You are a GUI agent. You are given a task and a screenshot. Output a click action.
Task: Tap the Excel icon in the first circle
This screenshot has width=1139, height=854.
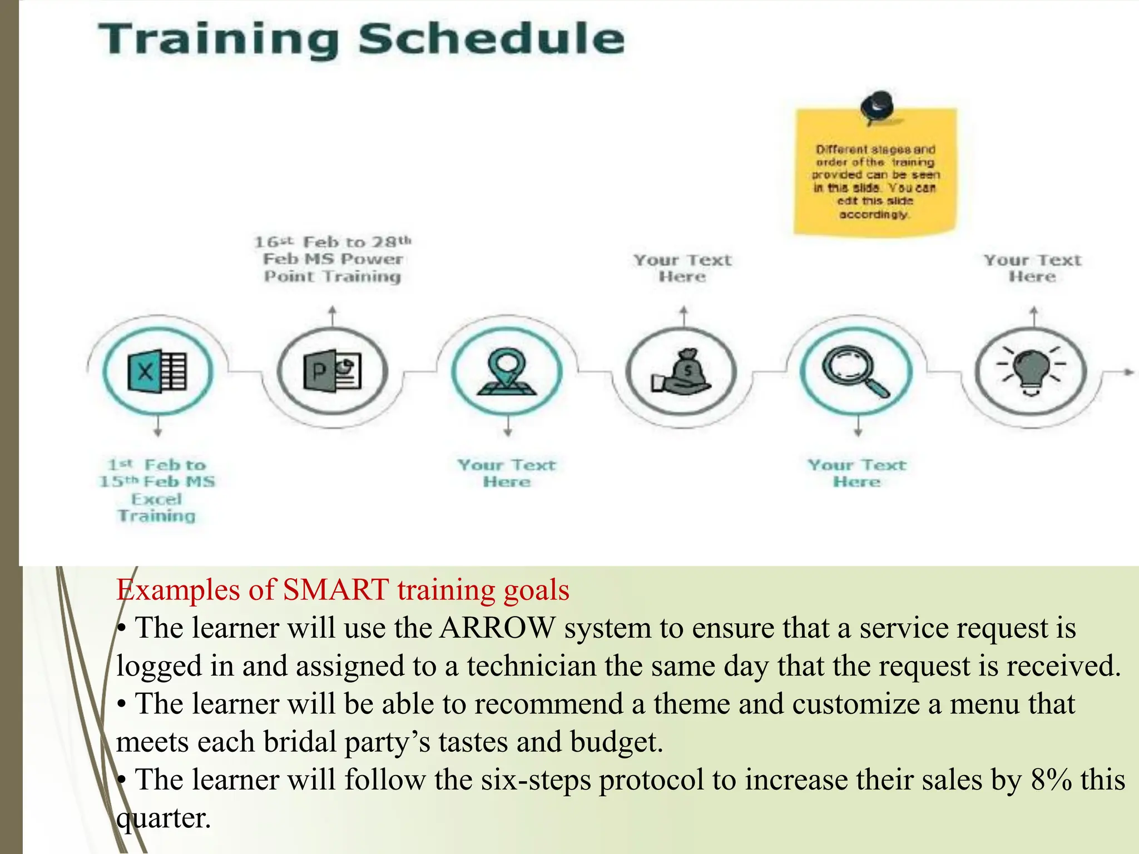[x=157, y=371]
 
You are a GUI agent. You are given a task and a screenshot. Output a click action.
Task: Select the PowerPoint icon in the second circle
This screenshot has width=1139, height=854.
[x=332, y=371]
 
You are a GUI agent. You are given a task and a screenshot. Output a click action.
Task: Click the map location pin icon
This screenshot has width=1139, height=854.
[x=507, y=371]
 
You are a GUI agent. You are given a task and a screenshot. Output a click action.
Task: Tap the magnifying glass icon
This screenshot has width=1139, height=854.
[x=856, y=371]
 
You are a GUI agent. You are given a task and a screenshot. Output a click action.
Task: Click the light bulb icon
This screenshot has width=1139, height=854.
[x=1031, y=371]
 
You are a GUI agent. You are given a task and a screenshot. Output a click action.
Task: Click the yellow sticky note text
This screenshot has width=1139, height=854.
[x=875, y=182]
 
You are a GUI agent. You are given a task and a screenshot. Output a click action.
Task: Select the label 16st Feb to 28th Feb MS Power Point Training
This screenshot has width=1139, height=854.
[x=333, y=259]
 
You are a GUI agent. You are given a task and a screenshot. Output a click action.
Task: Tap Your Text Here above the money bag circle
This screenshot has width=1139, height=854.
[x=682, y=268]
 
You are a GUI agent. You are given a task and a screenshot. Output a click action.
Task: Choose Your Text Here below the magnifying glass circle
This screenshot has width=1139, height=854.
[x=857, y=473]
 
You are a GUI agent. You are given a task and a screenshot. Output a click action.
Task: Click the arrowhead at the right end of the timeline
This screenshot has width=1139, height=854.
[x=1128, y=371]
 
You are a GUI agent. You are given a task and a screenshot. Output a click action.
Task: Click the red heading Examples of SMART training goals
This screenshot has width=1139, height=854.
[x=343, y=590]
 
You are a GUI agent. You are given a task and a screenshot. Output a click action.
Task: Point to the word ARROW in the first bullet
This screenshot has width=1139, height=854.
[x=497, y=628]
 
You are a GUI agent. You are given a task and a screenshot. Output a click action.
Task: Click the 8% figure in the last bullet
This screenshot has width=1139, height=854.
[x=1051, y=780]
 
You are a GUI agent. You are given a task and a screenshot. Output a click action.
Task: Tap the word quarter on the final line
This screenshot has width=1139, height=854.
[x=164, y=818]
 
